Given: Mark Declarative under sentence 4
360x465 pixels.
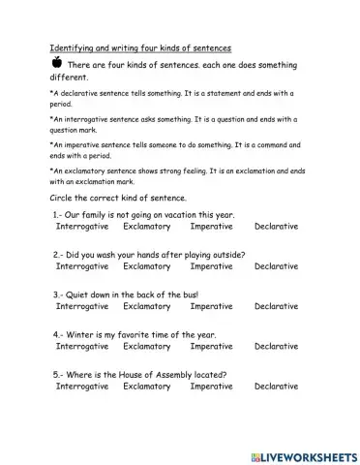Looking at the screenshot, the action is tap(276, 346).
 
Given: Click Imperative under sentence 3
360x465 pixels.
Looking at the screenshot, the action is tap(211, 306).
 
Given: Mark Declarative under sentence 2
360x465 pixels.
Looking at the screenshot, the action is tap(276, 265).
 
